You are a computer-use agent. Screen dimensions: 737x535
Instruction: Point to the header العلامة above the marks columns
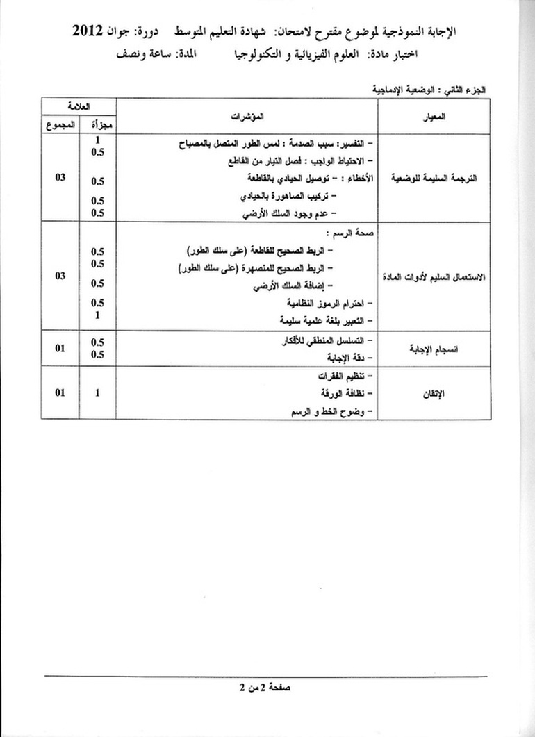tap(78, 105)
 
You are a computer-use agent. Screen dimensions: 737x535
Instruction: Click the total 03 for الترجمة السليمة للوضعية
tap(60, 177)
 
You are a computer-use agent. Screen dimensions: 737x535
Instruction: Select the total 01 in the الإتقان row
tap(60, 392)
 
